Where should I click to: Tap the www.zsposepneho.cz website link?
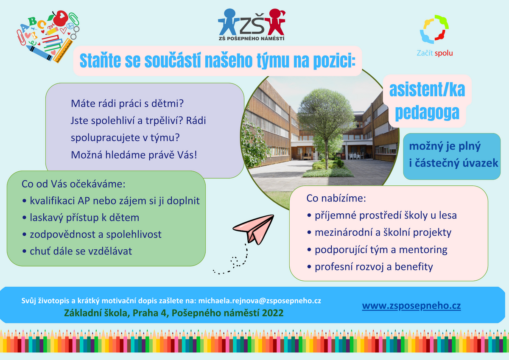pos(411,306)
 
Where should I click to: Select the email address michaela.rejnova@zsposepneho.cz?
pos(260,301)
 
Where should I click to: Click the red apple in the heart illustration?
pos(60,18)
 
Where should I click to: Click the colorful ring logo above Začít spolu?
pos(434,29)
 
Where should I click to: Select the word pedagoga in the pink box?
pos(427,113)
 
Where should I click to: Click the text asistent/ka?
pos(427,90)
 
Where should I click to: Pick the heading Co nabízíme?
pos(336,198)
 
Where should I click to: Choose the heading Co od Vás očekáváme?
pos(73,184)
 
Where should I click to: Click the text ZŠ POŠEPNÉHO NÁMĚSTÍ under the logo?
pos(252,39)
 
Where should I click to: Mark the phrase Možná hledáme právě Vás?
pos(134,155)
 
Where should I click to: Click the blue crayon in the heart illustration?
pos(39,53)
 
